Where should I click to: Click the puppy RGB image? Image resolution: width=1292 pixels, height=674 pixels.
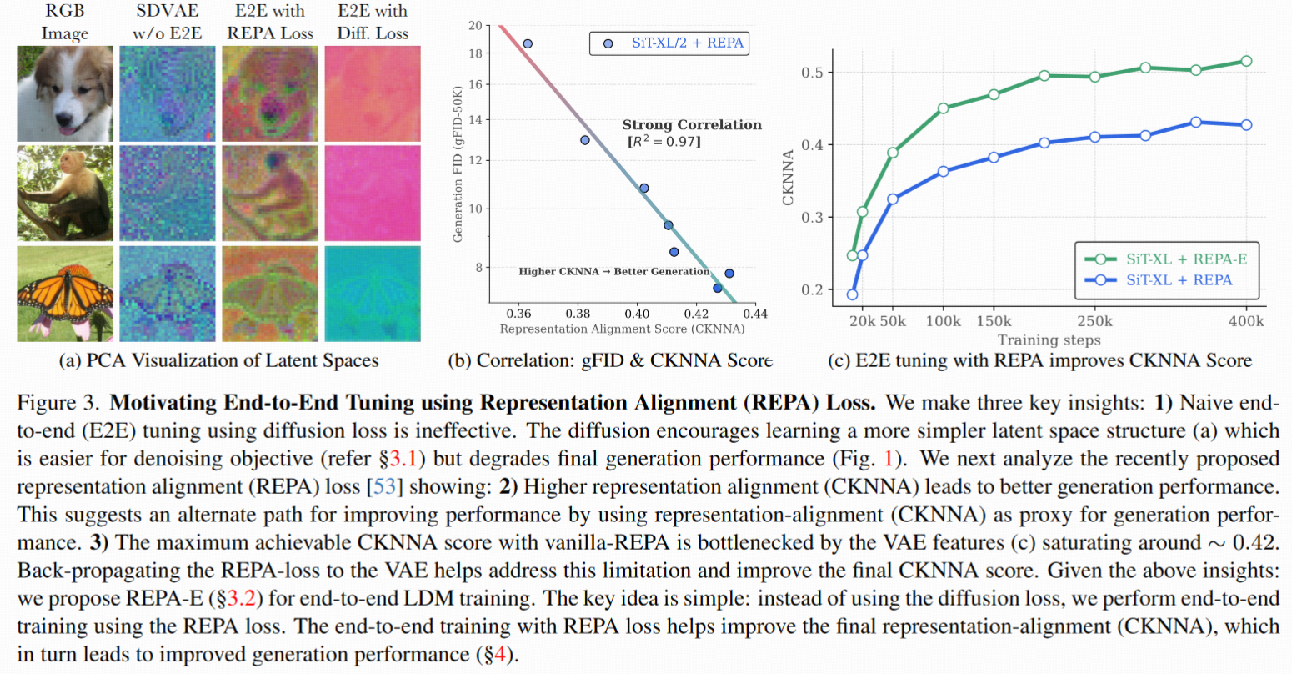pyautogui.click(x=65, y=93)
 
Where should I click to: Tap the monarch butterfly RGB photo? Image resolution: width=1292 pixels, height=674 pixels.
pyautogui.click(x=65, y=294)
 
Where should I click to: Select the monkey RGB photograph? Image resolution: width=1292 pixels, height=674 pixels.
pyautogui.click(x=65, y=194)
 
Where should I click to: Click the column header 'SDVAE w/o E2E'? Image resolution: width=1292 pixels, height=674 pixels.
pyautogui.click(x=167, y=23)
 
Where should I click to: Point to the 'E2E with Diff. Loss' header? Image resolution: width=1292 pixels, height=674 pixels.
pyautogui.click(x=373, y=23)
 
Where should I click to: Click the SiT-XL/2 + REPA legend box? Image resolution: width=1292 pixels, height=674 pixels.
pyautogui.click(x=669, y=43)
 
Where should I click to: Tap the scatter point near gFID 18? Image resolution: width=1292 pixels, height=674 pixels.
pyautogui.click(x=527, y=43)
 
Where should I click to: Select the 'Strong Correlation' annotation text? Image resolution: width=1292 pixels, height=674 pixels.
pyautogui.click(x=692, y=125)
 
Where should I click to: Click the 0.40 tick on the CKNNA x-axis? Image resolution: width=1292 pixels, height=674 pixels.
pyautogui.click(x=637, y=314)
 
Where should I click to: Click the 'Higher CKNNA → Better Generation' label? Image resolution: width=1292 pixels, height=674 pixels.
pyautogui.click(x=613, y=271)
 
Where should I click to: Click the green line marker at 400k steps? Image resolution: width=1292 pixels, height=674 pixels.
pyautogui.click(x=1246, y=61)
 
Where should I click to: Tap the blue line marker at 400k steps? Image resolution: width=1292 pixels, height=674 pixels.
pyautogui.click(x=1246, y=125)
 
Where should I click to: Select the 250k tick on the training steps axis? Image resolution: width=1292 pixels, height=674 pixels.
pyautogui.click(x=1094, y=321)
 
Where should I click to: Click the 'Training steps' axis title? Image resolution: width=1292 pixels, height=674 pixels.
pyautogui.click(x=1049, y=340)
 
